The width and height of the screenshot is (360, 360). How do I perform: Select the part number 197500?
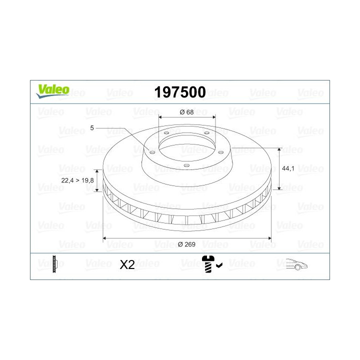[x=180, y=92]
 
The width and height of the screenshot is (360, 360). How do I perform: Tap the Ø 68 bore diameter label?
[x=186, y=112]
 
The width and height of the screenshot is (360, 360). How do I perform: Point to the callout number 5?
[x=92, y=128]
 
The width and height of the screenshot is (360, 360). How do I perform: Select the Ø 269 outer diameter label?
[x=186, y=244]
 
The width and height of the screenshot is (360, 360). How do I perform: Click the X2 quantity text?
[x=128, y=265]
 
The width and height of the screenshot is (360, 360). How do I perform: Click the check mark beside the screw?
[x=219, y=266]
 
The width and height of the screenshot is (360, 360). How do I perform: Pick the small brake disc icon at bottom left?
[x=54, y=263]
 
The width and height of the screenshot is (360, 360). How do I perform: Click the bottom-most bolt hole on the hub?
[x=185, y=165]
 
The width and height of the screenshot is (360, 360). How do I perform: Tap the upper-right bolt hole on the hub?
[x=205, y=132]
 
